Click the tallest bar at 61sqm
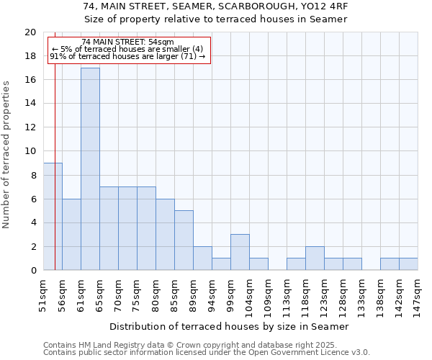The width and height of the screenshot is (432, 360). coord(90,169)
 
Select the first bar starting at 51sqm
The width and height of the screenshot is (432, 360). coord(53,217)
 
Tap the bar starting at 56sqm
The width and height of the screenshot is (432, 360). coord(71,235)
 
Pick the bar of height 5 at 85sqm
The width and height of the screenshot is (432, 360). coord(184,240)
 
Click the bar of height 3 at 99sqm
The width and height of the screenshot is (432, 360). coord(240,252)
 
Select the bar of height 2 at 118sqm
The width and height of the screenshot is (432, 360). coord(315,258)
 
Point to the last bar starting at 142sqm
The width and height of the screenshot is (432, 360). coord(408,264)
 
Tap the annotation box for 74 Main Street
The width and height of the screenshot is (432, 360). coord(129,50)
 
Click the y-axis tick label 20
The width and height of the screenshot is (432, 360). coord(30,32)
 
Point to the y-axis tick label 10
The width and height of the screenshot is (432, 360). coord(30,151)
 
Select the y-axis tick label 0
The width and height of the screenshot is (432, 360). coord(32,271)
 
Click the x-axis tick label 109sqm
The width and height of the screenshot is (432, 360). coord(268,295)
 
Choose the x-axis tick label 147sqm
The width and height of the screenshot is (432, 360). coord(418,295)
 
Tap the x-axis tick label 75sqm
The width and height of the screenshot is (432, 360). coord(137,294)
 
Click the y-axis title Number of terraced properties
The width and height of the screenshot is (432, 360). coord(6,154)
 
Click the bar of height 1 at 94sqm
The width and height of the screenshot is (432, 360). coord(221,264)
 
